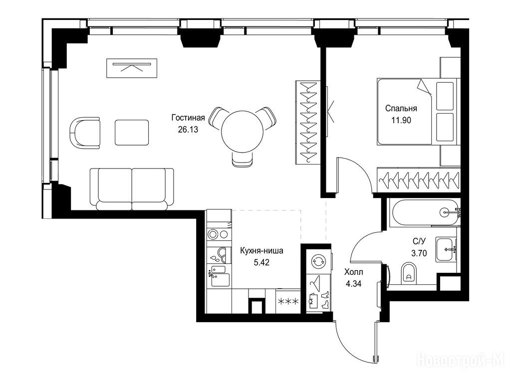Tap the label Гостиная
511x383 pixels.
click(188, 118)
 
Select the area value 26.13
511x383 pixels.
click(188, 129)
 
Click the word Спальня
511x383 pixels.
click(401, 108)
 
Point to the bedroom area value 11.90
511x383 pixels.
click(401, 120)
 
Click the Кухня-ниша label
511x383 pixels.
click(261, 251)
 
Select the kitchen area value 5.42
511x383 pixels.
click(261, 262)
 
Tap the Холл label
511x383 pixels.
click(354, 272)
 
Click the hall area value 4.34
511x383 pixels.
click(354, 284)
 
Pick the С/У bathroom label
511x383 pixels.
click(419, 241)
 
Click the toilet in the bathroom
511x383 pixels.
click(408, 272)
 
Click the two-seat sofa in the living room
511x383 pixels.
click(132, 189)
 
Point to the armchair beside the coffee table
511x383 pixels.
click(85, 133)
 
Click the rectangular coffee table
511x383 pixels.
click(132, 133)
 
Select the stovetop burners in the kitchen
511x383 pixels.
click(219, 234)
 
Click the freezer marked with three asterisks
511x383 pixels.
click(288, 301)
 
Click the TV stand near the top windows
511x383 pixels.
click(132, 68)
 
